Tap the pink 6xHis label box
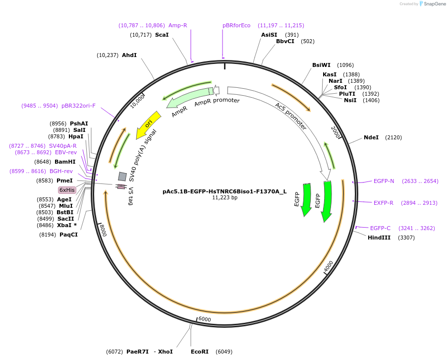pyautogui.click(x=67, y=190)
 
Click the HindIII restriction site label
pyautogui.click(x=379, y=238)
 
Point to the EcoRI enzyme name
pyautogui.click(x=200, y=352)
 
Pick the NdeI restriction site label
pyautogui.click(x=371, y=137)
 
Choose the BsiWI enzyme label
pyautogui.click(x=321, y=65)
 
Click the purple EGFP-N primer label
pyautogui.click(x=384, y=181)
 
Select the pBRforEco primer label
pyautogui.click(x=236, y=25)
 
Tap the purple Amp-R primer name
pyautogui.click(x=177, y=25)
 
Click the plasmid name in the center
pyautogui.click(x=224, y=191)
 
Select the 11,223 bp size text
pyautogui.click(x=224, y=197)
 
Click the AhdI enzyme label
pyautogui.click(x=129, y=55)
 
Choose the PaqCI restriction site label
pyautogui.click(x=68, y=235)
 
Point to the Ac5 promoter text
pyautogui.click(x=291, y=117)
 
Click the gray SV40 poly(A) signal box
pyautogui.click(x=122, y=176)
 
